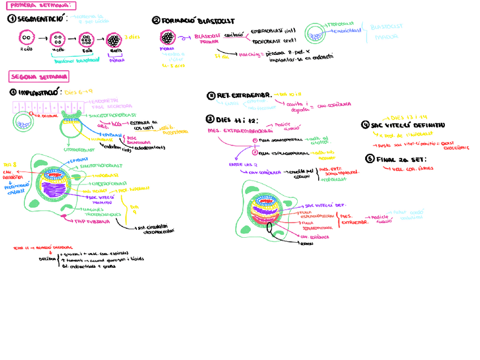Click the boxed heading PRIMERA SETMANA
[40, 5]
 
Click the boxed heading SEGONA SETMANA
[39, 76]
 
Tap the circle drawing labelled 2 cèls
[25, 38]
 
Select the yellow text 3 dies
[131, 36]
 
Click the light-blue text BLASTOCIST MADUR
[388, 32]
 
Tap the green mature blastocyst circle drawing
[316, 33]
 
